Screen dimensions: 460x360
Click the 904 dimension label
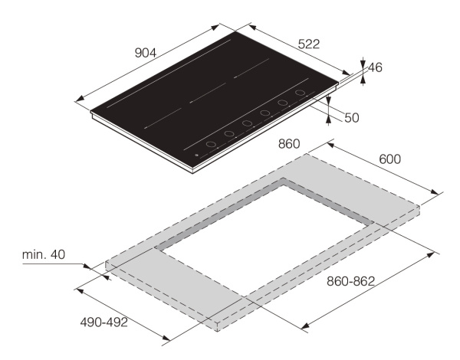coord(146,53)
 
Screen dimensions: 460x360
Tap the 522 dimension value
coord(309,44)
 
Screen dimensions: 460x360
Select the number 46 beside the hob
coord(375,67)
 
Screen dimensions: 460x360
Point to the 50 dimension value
coord(352,118)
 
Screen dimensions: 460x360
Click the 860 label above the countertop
coord(289,144)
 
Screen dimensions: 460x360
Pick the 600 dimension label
coord(390,159)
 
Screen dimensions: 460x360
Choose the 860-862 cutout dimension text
coord(351,281)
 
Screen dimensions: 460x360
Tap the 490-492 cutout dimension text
coord(104,322)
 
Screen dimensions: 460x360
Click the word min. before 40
coord(34,254)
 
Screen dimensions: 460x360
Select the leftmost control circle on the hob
coord(211,144)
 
